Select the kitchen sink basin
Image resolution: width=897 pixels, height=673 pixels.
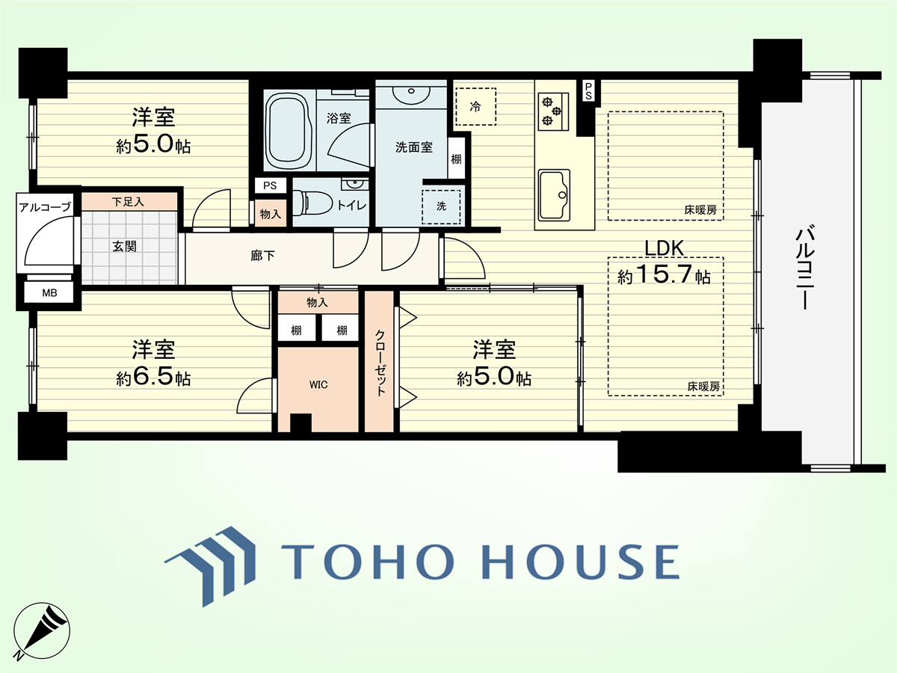[x=554, y=194]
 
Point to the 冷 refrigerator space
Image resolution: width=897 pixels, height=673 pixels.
[x=475, y=107]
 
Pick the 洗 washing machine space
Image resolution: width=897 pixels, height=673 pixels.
[x=441, y=206]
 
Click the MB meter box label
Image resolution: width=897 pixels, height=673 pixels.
[x=49, y=293]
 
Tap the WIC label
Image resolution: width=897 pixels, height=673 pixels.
[x=318, y=384]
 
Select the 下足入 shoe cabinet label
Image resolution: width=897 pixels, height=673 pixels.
[x=128, y=201]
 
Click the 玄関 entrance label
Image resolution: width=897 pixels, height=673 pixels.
[x=124, y=247]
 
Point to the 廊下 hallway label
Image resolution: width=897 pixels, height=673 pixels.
[x=262, y=256]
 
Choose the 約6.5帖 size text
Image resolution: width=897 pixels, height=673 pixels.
[x=153, y=377]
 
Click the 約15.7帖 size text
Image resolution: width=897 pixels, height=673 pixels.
[x=664, y=275]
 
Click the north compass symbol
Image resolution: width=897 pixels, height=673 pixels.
[x=42, y=630]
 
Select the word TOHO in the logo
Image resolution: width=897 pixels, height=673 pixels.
[x=367, y=562]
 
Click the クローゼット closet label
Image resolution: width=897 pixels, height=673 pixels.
[x=380, y=363]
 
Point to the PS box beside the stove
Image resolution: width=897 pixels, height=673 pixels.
[x=588, y=91]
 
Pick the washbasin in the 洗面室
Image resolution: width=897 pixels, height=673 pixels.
[x=411, y=93]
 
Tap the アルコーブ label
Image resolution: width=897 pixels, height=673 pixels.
[x=45, y=207]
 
